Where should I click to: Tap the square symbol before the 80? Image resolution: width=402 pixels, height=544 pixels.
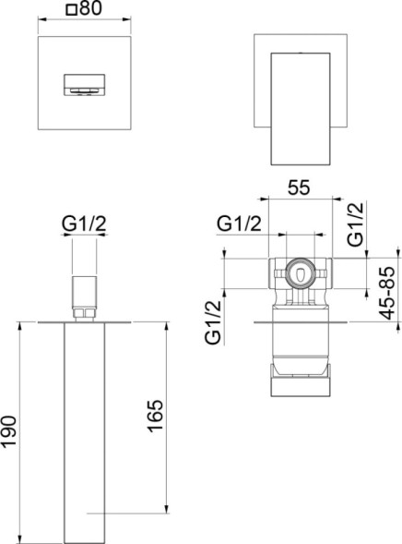[72, 12]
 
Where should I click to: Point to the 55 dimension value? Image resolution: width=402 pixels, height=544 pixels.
[299, 187]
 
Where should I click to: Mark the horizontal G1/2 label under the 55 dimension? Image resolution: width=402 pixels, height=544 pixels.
[240, 224]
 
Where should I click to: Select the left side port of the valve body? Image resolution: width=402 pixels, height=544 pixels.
[273, 273]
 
